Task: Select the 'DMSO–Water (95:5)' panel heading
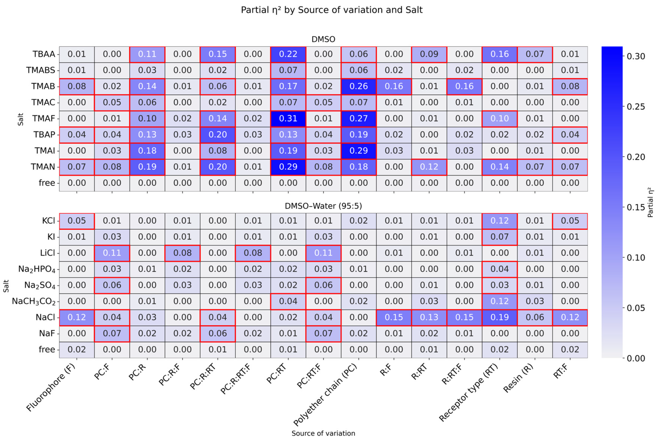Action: (x=323, y=206)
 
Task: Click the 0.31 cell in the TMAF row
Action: (x=288, y=118)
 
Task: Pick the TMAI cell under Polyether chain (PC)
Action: (x=359, y=151)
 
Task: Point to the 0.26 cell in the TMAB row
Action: (x=359, y=86)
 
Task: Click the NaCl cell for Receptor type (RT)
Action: (x=500, y=317)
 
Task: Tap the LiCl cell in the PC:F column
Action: (x=112, y=253)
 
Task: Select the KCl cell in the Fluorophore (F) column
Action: (x=77, y=221)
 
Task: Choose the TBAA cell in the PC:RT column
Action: (x=288, y=54)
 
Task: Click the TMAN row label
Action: (x=43, y=167)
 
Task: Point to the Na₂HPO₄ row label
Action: (x=37, y=269)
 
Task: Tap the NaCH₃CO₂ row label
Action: (x=34, y=301)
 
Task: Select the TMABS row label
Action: (x=41, y=70)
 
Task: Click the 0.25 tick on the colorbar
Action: (x=636, y=107)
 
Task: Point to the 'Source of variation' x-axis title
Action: (x=323, y=433)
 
